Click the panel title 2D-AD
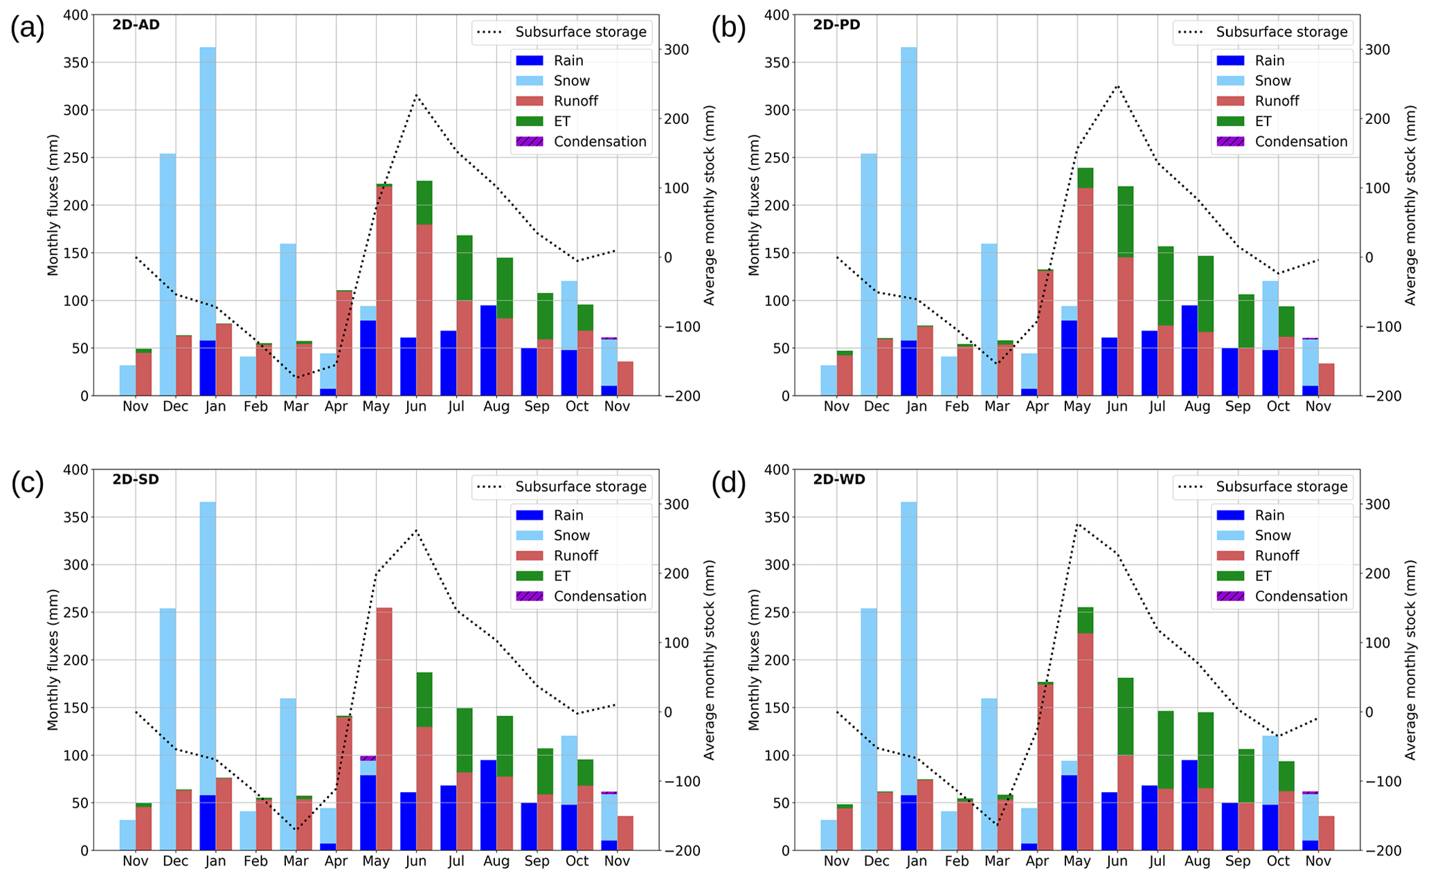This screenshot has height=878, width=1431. (136, 25)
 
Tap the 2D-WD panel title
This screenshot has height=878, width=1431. (838, 479)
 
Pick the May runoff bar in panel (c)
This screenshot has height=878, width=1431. (384, 727)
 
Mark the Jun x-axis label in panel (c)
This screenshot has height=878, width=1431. (416, 861)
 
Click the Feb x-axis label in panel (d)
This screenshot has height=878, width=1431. (957, 861)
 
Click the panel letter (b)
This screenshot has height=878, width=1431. (728, 28)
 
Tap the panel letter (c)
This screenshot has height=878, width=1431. (28, 483)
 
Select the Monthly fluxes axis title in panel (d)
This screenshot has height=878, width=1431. (754, 659)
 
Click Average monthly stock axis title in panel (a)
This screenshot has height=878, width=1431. (709, 205)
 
